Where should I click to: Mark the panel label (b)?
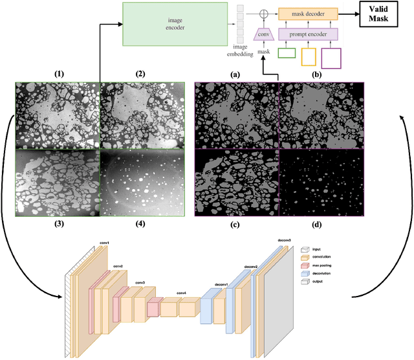pyautogui.click(x=317, y=74)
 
